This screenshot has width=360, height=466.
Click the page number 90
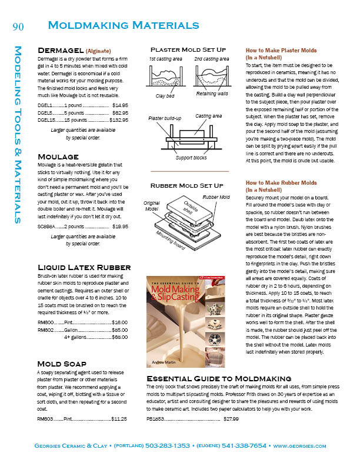18,25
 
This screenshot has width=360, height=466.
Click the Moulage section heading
58,157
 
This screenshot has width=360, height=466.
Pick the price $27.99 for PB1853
230,419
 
